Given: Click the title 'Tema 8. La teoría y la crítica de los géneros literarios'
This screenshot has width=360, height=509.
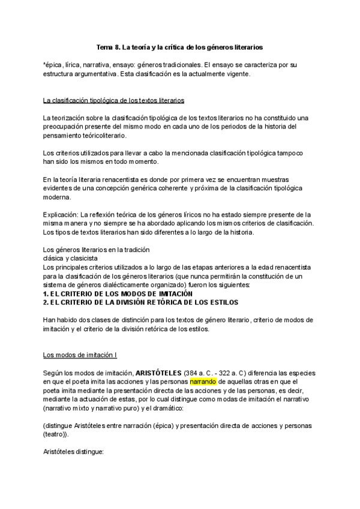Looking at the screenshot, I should tap(180, 46).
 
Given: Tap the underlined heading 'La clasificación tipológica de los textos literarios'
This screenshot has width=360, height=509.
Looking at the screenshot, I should tap(113, 100).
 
